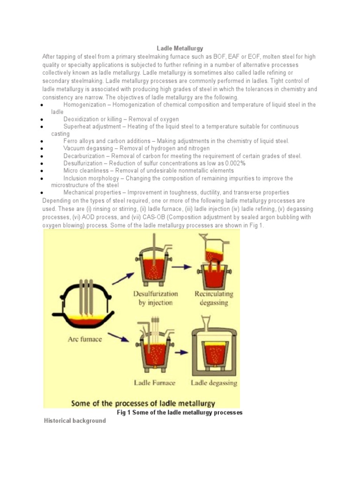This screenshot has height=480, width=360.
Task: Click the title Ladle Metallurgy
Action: click(180, 48)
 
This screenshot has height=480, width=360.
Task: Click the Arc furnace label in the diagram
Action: click(85, 339)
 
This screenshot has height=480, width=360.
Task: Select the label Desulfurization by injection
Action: click(155, 298)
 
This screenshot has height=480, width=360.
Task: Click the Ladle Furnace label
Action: click(154, 382)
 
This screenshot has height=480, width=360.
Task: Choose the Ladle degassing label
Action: click(214, 382)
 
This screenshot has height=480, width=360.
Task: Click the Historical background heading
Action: click(74, 420)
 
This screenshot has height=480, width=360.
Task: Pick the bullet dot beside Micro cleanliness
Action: click(42, 171)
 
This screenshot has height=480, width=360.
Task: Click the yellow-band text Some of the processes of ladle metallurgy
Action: click(143, 403)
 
